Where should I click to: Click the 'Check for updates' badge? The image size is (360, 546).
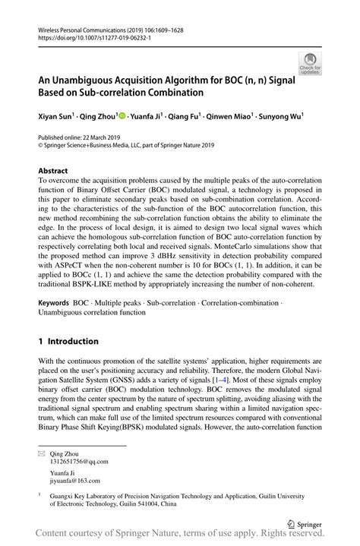tap(309, 63)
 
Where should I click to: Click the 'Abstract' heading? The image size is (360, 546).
tap(52, 171)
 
